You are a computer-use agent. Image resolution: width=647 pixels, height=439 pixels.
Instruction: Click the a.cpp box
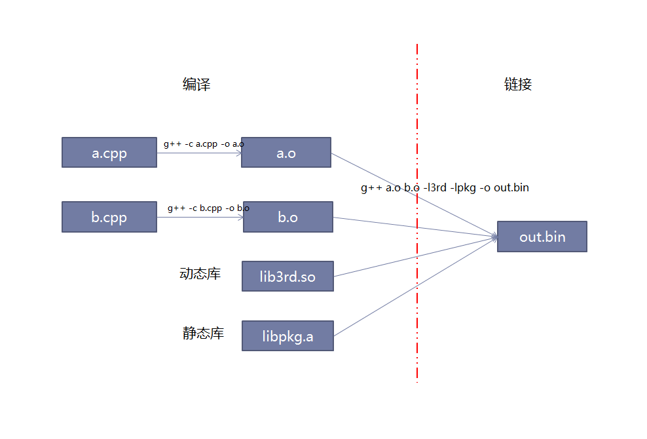coord(109,153)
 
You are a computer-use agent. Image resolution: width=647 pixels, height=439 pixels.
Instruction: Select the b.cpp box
coord(109,217)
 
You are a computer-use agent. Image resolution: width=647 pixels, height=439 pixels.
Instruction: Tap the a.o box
coord(286,153)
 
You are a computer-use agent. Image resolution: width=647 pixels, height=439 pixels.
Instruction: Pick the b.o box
coord(288,217)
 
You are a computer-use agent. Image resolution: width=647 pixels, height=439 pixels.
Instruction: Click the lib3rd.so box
coord(287,276)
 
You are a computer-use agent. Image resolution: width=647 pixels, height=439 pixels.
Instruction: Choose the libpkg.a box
coord(287,336)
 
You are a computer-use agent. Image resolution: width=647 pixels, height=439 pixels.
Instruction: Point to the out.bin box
coord(542,237)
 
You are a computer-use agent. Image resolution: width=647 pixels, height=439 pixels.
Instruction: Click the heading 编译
coord(196,85)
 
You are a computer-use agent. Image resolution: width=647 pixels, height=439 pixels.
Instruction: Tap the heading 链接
coord(518,85)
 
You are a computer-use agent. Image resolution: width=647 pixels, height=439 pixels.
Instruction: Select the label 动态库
coord(200,274)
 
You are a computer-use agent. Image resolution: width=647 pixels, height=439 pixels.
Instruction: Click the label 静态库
coord(203,334)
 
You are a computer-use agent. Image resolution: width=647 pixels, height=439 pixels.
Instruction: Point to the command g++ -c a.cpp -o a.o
coord(204,144)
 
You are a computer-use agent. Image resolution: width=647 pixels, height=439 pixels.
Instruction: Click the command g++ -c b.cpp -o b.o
coord(208,208)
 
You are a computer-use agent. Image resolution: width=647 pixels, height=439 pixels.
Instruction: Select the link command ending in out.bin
coord(445,188)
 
